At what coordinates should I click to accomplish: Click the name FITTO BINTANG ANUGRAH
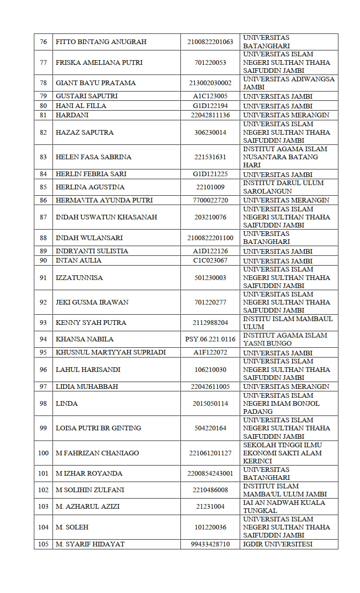click(101, 42)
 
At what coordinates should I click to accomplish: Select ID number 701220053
click(210, 63)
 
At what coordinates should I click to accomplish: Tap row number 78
click(43, 83)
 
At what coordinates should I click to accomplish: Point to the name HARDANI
click(72, 115)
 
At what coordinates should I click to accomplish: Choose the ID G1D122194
click(210, 106)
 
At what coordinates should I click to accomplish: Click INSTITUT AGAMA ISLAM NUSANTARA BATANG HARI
click(285, 157)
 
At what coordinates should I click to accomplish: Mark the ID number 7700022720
click(210, 200)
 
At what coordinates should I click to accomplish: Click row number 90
click(43, 260)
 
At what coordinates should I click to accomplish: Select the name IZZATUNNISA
click(79, 278)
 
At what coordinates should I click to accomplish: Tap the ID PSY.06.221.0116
click(210, 339)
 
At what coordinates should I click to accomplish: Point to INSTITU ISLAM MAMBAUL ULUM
click(288, 323)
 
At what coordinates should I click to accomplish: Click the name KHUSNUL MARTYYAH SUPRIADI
click(111, 352)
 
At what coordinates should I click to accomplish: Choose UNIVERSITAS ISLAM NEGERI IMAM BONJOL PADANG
click(281, 403)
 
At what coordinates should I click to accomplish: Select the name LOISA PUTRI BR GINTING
click(98, 428)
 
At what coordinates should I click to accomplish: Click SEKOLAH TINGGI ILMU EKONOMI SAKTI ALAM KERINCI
click(282, 453)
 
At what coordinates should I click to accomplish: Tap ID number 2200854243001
click(210, 474)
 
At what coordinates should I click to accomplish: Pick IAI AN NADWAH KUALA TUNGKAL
click(284, 507)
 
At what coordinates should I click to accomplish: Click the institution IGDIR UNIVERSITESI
click(277, 544)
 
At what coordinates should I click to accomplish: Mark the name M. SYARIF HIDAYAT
click(90, 544)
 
